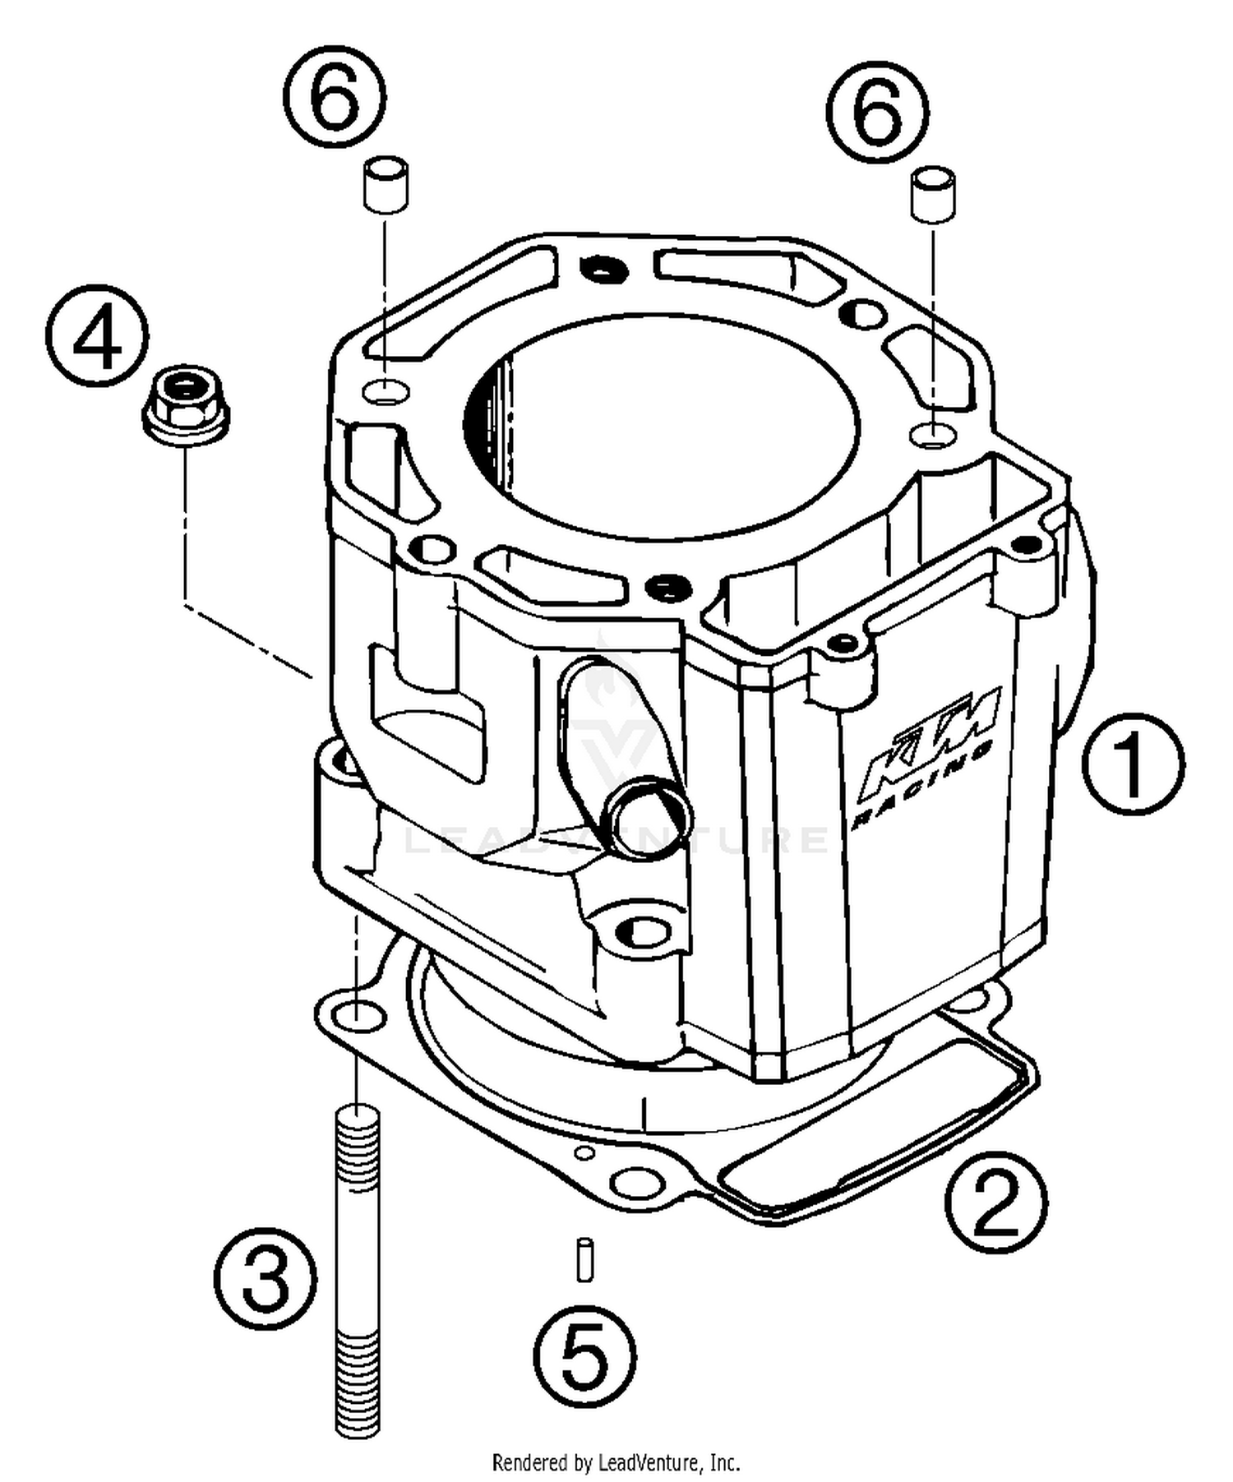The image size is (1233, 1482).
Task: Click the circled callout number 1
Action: [1132, 764]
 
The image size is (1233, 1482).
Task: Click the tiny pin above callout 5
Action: [584, 1258]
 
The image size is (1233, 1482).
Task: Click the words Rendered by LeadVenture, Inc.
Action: [616, 1462]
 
